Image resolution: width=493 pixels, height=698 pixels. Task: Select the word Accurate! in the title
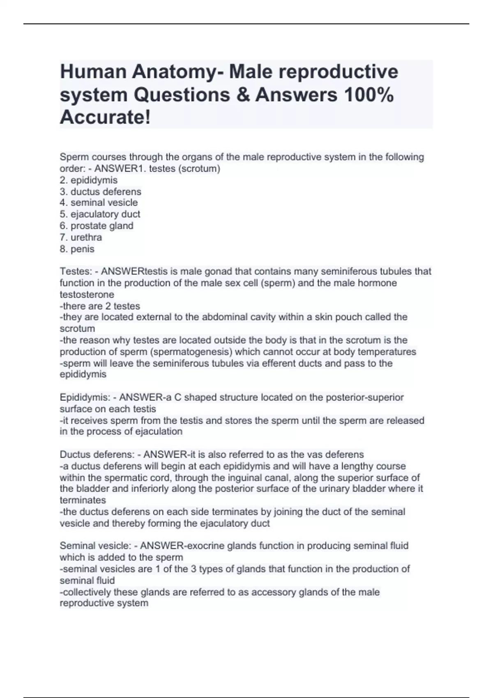coord(105,118)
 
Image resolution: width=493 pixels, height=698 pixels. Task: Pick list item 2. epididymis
coord(89,180)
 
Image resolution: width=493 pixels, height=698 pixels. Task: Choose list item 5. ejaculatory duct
coord(100,214)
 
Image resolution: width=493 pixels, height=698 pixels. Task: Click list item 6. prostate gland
coord(97,226)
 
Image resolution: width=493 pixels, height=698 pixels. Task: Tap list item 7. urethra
coord(81,237)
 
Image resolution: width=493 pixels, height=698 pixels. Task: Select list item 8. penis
coord(77,249)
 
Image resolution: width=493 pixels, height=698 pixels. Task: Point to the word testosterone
coord(87,294)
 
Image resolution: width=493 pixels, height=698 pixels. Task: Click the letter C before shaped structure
coord(177,397)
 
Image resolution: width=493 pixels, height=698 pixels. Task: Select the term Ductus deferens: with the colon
coord(97,455)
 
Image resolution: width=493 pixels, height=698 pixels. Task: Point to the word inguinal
coord(229,478)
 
